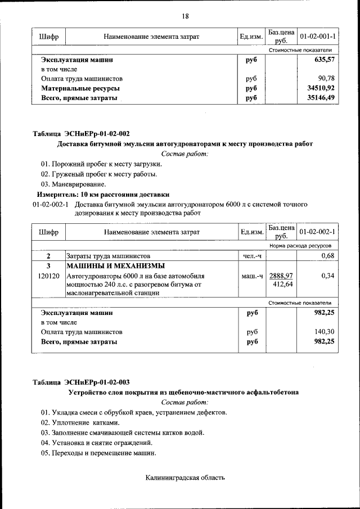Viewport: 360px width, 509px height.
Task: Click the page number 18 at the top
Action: [185, 16]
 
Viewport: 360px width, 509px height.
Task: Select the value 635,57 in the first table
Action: [323, 59]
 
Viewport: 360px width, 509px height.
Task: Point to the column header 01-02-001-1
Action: [318, 37]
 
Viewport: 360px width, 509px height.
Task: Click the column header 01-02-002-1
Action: [318, 232]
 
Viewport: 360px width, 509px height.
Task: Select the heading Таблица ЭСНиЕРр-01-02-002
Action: [81, 134]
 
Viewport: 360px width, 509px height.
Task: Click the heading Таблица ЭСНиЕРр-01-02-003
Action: [81, 382]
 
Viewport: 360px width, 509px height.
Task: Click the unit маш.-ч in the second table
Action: [251, 276]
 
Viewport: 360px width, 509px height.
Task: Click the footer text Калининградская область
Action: [185, 478]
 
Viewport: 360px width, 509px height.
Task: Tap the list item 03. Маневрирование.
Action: [73, 184]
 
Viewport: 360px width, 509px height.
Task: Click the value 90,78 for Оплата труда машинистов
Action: [326, 78]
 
